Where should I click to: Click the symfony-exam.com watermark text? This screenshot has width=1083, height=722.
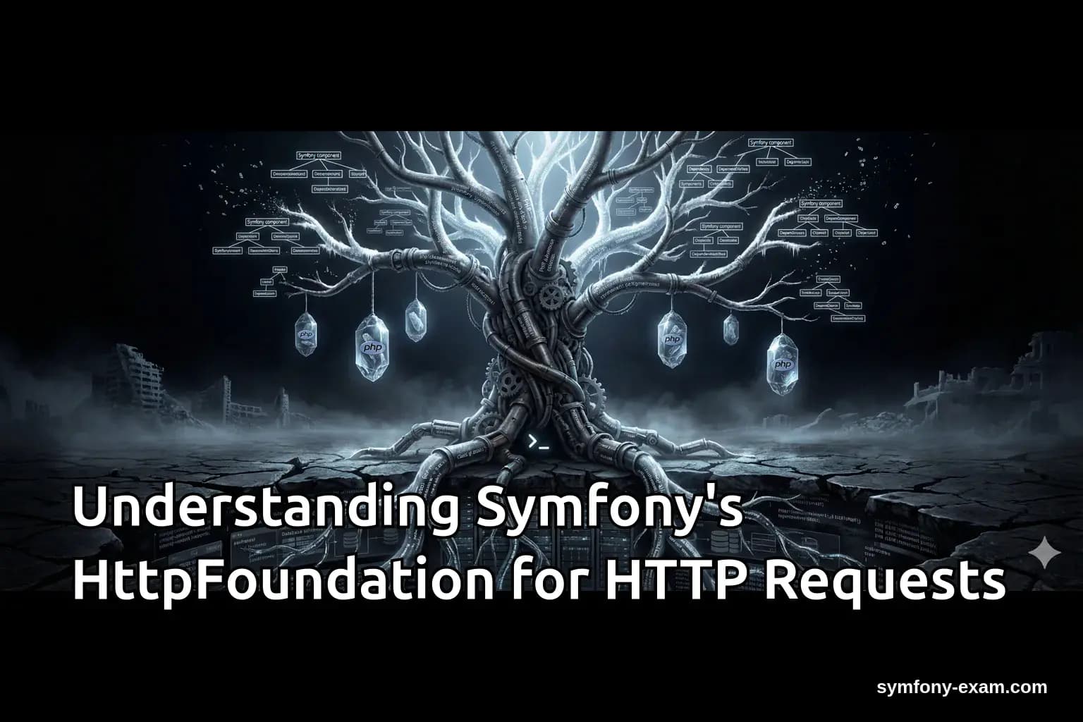click(962, 687)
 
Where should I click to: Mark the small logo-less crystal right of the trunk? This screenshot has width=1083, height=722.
click(730, 329)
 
